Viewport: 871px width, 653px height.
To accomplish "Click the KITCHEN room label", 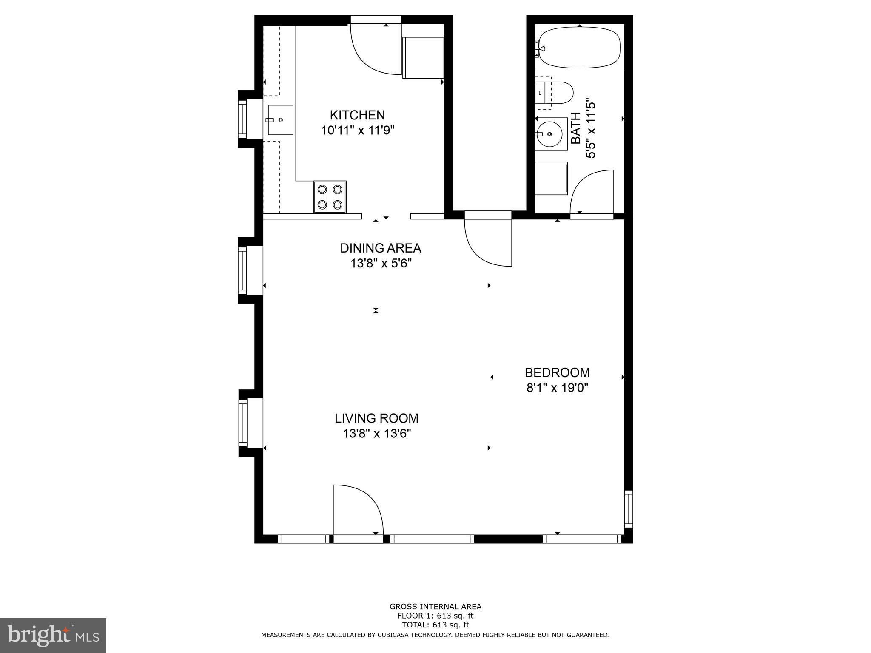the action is click(357, 115).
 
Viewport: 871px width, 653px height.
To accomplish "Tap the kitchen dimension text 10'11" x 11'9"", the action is click(358, 130).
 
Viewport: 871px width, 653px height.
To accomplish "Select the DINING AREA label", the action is click(381, 248).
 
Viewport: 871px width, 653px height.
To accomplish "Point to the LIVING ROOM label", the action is click(376, 418).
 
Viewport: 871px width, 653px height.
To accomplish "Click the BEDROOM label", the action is click(557, 372).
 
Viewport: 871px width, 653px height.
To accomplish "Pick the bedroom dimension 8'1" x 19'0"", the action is click(557, 388).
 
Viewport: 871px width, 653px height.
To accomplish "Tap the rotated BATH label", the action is click(575, 128).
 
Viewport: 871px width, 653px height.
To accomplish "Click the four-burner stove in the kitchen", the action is click(330, 197).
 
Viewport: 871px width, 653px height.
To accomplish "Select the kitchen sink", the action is click(280, 120).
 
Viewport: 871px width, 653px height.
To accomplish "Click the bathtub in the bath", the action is click(578, 47).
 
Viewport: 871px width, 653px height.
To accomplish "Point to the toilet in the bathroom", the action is click(554, 93).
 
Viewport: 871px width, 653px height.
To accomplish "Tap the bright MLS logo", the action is click(53, 636).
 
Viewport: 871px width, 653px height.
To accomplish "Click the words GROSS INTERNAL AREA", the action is click(435, 607).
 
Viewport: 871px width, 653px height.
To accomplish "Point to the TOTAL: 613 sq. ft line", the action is click(435, 625).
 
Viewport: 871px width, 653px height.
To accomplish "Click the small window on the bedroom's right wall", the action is click(629, 509).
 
